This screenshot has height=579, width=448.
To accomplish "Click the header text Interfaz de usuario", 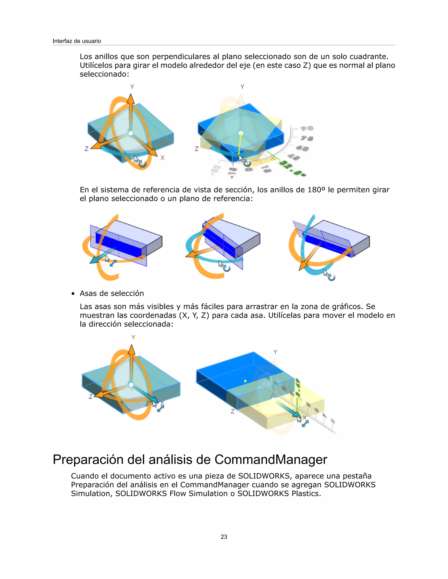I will (x=77, y=41).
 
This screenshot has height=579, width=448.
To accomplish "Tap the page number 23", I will (x=224, y=537).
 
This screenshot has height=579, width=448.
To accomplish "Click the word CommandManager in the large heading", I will (x=271, y=459).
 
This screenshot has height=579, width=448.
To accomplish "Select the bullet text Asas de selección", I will (x=112, y=293).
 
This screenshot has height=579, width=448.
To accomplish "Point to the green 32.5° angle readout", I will (x=293, y=168).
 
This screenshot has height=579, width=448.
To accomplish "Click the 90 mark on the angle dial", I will (x=307, y=128).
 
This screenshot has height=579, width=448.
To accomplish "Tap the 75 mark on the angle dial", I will (x=307, y=138).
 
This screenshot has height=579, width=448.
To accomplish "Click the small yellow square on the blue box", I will (x=245, y=381).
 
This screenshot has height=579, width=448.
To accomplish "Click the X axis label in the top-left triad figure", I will (x=163, y=158).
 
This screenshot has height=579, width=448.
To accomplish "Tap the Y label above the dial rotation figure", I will (x=242, y=87).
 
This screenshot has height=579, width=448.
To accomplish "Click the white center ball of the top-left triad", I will (x=131, y=133).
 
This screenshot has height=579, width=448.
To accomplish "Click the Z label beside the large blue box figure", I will (x=233, y=411).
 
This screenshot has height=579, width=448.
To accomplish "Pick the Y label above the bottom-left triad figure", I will (x=133, y=337).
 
